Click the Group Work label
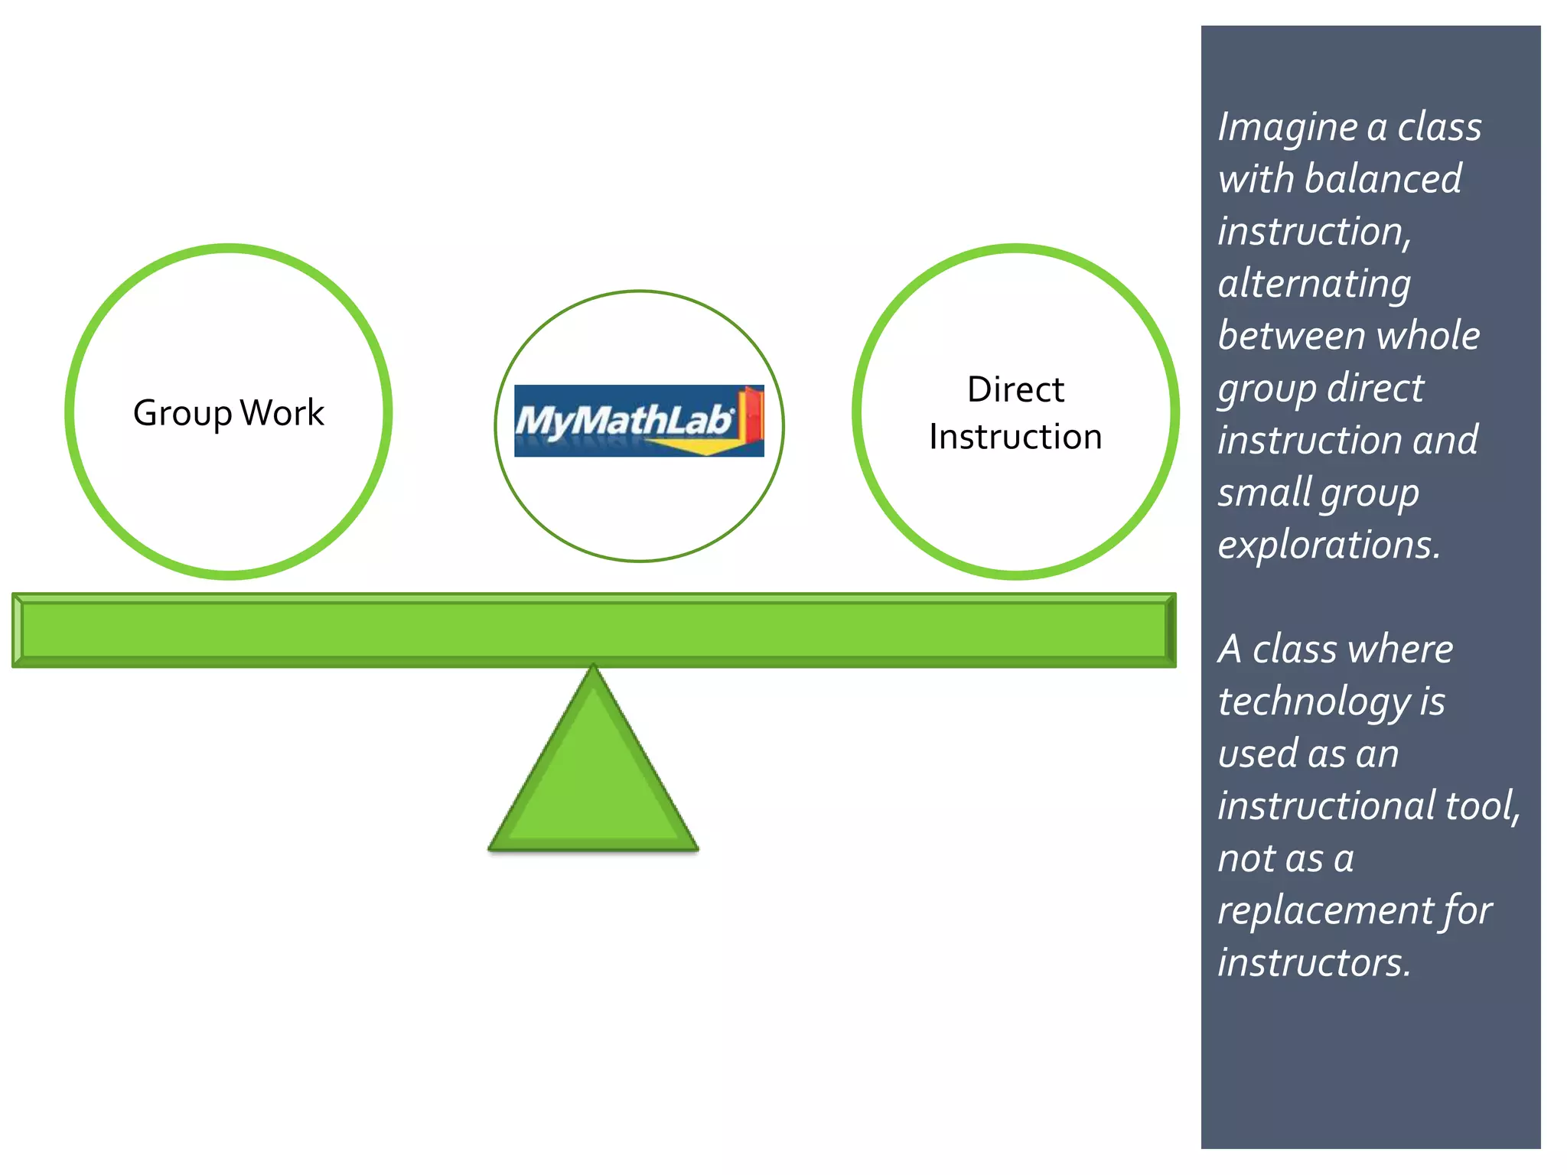click(x=228, y=413)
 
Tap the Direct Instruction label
click(x=1015, y=413)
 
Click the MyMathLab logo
click(x=638, y=421)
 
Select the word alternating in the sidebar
click(x=1314, y=285)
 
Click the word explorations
click(x=1329, y=545)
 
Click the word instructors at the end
click(x=1314, y=963)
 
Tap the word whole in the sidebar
click(x=1429, y=337)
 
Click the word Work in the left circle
click(x=282, y=413)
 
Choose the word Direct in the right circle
click(x=1015, y=390)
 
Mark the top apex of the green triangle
click(x=593, y=667)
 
